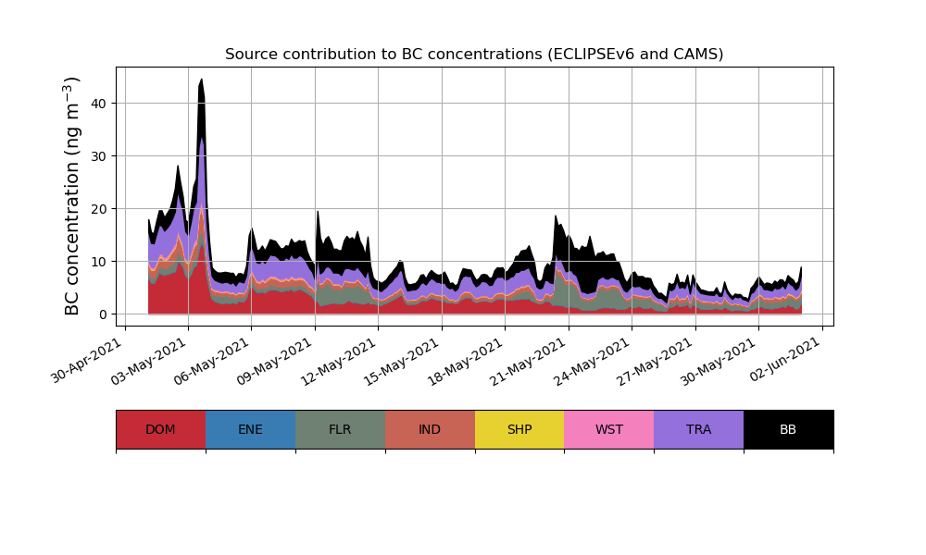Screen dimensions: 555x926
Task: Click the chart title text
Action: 474,55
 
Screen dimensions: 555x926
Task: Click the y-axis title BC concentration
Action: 73,195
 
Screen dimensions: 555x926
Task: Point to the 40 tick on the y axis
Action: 99,103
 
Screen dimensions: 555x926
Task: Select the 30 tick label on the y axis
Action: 99,155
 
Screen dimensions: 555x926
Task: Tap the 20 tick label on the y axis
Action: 99,209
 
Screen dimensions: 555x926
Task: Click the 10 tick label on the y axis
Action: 99,262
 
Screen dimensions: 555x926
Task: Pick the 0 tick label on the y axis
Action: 103,314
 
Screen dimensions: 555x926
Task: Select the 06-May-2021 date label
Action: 214,360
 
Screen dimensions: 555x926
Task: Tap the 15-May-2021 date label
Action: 404,360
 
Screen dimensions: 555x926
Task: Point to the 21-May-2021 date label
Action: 531,360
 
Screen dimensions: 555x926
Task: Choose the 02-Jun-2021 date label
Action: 784,360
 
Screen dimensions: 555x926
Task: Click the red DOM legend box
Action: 160,429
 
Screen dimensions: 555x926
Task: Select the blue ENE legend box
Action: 250,429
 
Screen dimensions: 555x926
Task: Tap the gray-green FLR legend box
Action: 340,429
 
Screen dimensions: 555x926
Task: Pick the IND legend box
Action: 430,429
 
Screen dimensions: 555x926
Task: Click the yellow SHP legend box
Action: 519,429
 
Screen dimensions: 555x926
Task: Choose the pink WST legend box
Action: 609,429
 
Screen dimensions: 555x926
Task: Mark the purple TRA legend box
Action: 699,429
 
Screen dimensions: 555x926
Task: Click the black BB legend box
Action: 788,429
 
